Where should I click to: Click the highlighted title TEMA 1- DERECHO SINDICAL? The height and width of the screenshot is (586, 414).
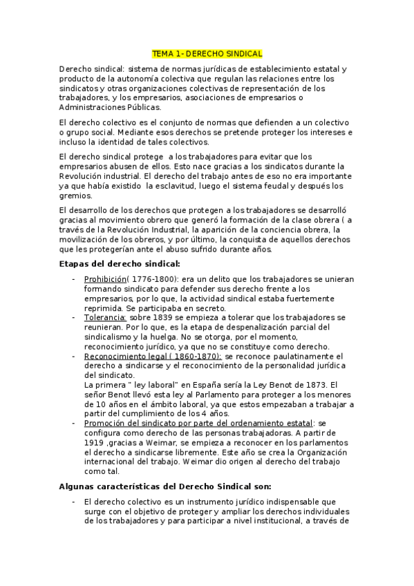click(x=207, y=53)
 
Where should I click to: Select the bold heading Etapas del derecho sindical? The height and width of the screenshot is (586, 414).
click(x=120, y=263)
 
